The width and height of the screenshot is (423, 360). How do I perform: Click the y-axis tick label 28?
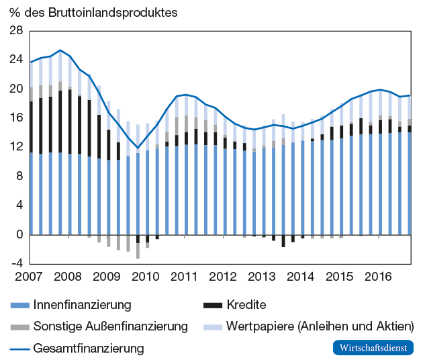(15, 31)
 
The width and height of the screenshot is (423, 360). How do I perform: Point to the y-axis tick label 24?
(15, 60)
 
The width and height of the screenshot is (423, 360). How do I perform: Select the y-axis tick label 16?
(15, 118)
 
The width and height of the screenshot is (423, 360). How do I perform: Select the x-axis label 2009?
(106, 277)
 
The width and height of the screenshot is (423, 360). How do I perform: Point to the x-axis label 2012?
(223, 277)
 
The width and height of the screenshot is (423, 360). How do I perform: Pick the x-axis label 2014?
(300, 277)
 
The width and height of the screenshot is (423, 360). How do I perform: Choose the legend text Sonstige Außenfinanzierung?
(110, 326)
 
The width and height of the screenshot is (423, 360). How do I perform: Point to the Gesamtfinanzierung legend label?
(89, 348)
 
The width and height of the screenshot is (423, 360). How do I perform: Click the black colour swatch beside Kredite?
(212, 306)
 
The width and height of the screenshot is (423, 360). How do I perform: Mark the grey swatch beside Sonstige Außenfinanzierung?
(19, 327)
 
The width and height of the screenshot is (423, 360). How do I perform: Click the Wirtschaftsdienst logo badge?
(374, 348)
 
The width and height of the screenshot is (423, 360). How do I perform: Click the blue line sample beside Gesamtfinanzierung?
(19, 349)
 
